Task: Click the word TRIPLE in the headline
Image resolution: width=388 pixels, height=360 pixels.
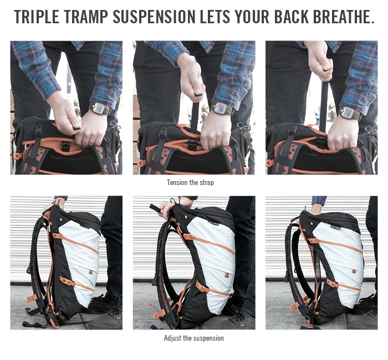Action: [37, 17]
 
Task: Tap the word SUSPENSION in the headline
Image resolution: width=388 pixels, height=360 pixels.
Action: [154, 17]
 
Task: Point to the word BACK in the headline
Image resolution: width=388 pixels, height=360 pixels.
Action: [291, 17]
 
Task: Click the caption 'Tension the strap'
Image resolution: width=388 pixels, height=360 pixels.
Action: [190, 182]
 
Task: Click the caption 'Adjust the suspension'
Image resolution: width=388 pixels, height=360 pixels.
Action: [194, 338]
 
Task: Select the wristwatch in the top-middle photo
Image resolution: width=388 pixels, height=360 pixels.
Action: [222, 109]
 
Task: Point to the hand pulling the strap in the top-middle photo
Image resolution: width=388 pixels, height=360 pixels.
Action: [192, 79]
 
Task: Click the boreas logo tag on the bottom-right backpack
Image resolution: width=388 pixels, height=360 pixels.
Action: [335, 226]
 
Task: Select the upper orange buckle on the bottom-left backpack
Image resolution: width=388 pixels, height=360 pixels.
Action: [57, 235]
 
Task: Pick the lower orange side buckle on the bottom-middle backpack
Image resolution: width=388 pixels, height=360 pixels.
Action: [202, 287]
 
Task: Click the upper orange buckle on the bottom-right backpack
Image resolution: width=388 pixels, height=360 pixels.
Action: [313, 240]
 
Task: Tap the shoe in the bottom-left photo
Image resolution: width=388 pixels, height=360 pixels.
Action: [105, 319]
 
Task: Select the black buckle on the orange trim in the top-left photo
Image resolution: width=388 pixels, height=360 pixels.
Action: [66, 146]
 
